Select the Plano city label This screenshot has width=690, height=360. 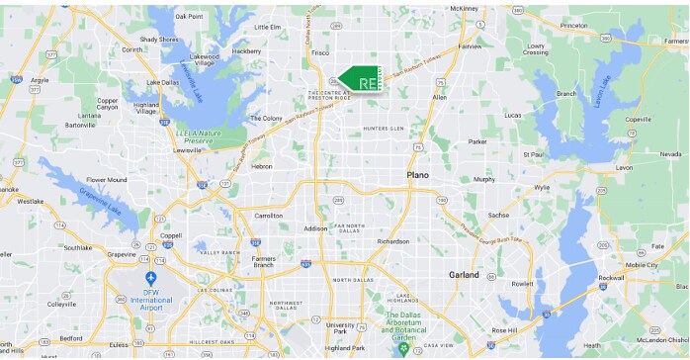click(418, 175)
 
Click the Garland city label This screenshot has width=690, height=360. click(464, 274)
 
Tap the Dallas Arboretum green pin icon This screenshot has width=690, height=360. click(401, 349)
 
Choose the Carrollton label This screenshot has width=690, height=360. click(269, 215)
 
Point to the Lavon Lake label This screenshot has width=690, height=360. click(600, 90)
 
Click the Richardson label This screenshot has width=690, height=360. click(392, 240)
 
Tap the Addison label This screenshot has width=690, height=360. click(315, 228)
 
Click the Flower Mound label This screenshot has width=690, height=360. click(107, 180)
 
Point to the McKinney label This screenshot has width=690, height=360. click(463, 8)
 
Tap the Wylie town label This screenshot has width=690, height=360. click(541, 186)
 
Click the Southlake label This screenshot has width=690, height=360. click(77, 247)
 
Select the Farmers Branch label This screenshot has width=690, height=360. click(263, 261)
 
